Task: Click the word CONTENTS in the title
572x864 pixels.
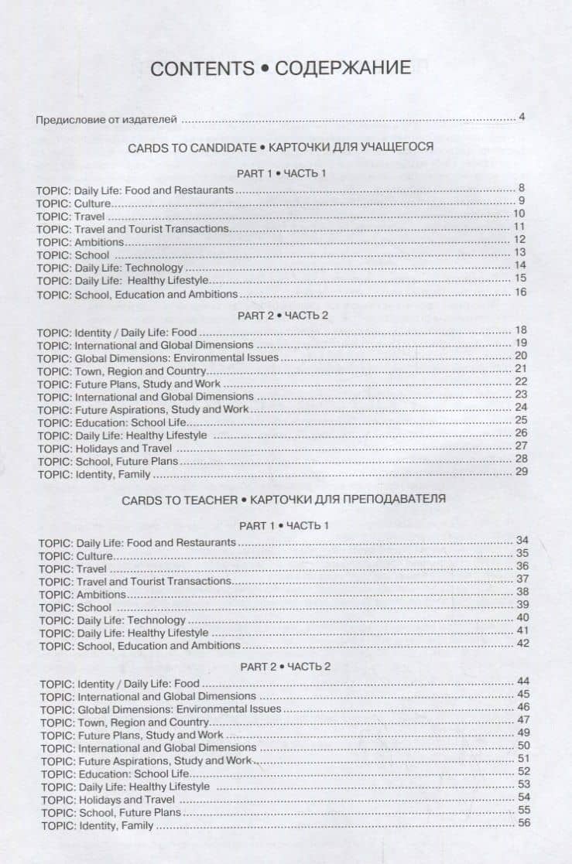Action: click(201, 68)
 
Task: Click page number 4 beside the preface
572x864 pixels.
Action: click(522, 118)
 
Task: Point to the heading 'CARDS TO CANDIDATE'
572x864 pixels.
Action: click(191, 146)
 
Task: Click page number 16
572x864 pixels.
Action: click(519, 292)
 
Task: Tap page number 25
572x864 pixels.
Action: click(520, 420)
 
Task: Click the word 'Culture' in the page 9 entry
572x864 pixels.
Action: click(93, 203)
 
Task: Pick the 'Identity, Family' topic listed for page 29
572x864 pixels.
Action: click(112, 474)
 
